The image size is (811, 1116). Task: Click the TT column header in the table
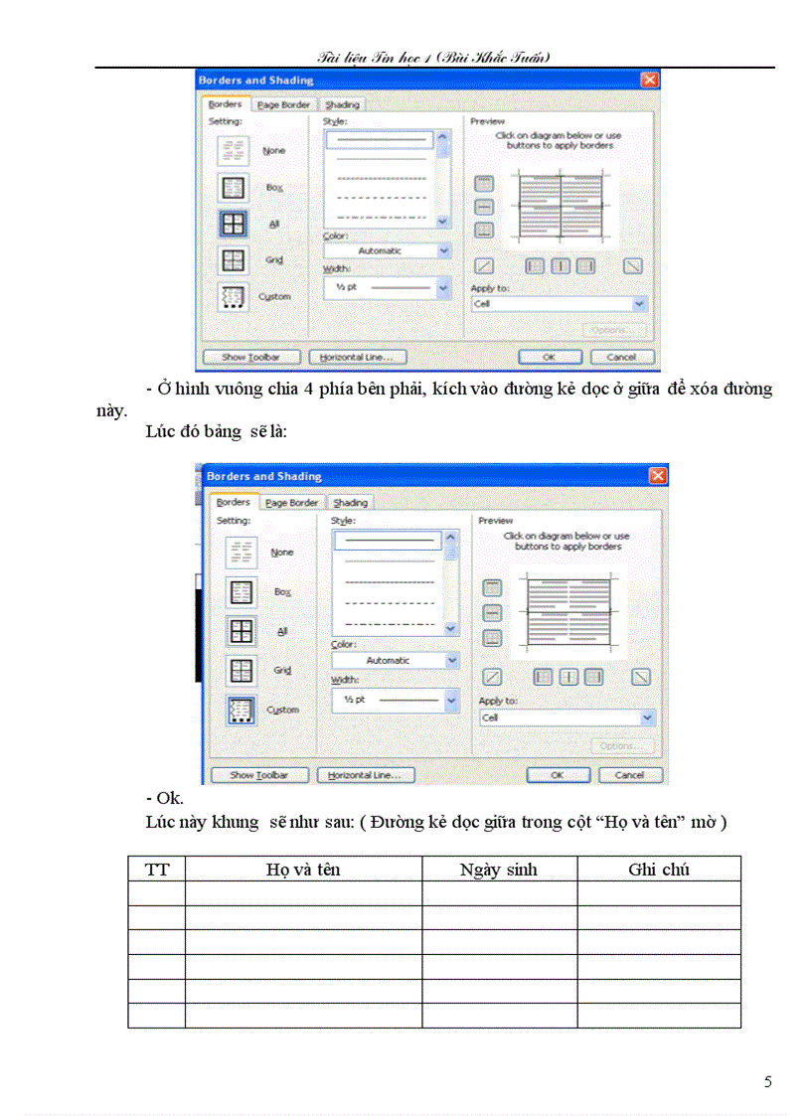tap(157, 870)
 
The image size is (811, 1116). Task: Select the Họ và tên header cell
tap(303, 870)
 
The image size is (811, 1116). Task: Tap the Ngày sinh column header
tap(499, 870)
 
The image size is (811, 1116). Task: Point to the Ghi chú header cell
tap(659, 870)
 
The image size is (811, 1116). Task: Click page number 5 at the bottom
tap(768, 1082)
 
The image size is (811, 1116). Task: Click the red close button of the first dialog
tap(649, 80)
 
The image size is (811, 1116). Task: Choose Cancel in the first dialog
tap(621, 357)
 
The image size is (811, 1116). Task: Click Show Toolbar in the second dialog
tap(259, 775)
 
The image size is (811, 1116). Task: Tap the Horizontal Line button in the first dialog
tap(358, 357)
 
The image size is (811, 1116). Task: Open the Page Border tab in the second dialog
tap(291, 503)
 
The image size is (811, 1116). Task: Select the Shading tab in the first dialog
tap(342, 104)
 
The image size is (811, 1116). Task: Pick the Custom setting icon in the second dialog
tap(242, 711)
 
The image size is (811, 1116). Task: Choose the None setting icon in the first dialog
tap(234, 150)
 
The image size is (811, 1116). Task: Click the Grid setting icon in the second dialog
tap(242, 671)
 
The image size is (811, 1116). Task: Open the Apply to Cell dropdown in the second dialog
tap(568, 717)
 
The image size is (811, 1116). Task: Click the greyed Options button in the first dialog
tap(614, 330)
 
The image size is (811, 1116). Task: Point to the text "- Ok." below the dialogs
tap(165, 798)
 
